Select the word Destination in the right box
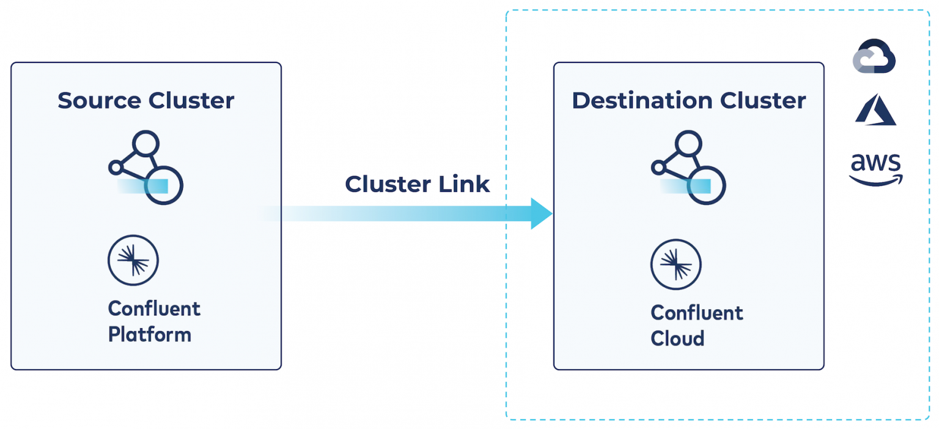641,101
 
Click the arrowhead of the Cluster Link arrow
540,213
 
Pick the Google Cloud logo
874,57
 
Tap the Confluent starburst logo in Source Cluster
133,260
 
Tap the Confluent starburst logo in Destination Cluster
676,265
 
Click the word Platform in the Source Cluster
150,335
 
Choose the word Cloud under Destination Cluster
677,339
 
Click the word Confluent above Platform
154,309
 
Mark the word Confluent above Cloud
697,313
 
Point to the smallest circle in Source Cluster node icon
115,167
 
